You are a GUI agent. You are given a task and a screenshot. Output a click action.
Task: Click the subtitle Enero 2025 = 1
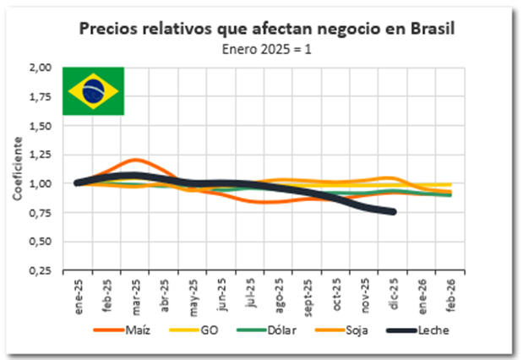click(266, 48)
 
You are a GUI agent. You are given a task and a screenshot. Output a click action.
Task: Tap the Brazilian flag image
click(94, 90)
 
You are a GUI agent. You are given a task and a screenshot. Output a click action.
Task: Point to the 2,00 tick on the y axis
click(41, 68)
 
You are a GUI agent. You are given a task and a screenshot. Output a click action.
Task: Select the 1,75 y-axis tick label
click(41, 96)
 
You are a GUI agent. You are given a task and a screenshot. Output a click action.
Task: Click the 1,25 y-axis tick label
click(41, 155)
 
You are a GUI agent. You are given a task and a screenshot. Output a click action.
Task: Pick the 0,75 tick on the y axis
click(41, 213)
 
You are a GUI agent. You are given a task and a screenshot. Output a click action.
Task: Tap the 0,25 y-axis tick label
click(41, 270)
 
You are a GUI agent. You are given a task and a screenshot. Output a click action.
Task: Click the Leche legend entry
click(433, 330)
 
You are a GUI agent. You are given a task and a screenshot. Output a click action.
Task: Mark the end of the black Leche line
click(394, 211)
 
